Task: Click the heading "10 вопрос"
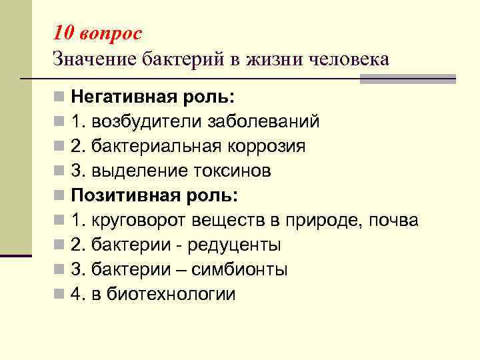[x=97, y=33]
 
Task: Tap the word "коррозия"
[x=267, y=146]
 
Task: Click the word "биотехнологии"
[x=171, y=294]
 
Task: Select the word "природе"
[x=321, y=220]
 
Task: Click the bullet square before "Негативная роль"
[x=60, y=97]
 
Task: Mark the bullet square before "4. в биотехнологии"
[x=60, y=294]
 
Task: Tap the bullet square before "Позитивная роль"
[x=60, y=196]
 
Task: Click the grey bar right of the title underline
[x=407, y=79]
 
